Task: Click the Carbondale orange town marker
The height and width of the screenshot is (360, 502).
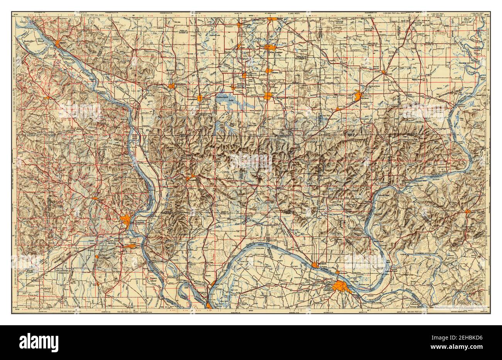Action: [200, 98]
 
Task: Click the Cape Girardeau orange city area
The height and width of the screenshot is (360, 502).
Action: [126, 220]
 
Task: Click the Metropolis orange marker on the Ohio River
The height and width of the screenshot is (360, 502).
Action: [315, 265]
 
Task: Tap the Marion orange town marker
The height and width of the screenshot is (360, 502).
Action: [268, 96]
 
